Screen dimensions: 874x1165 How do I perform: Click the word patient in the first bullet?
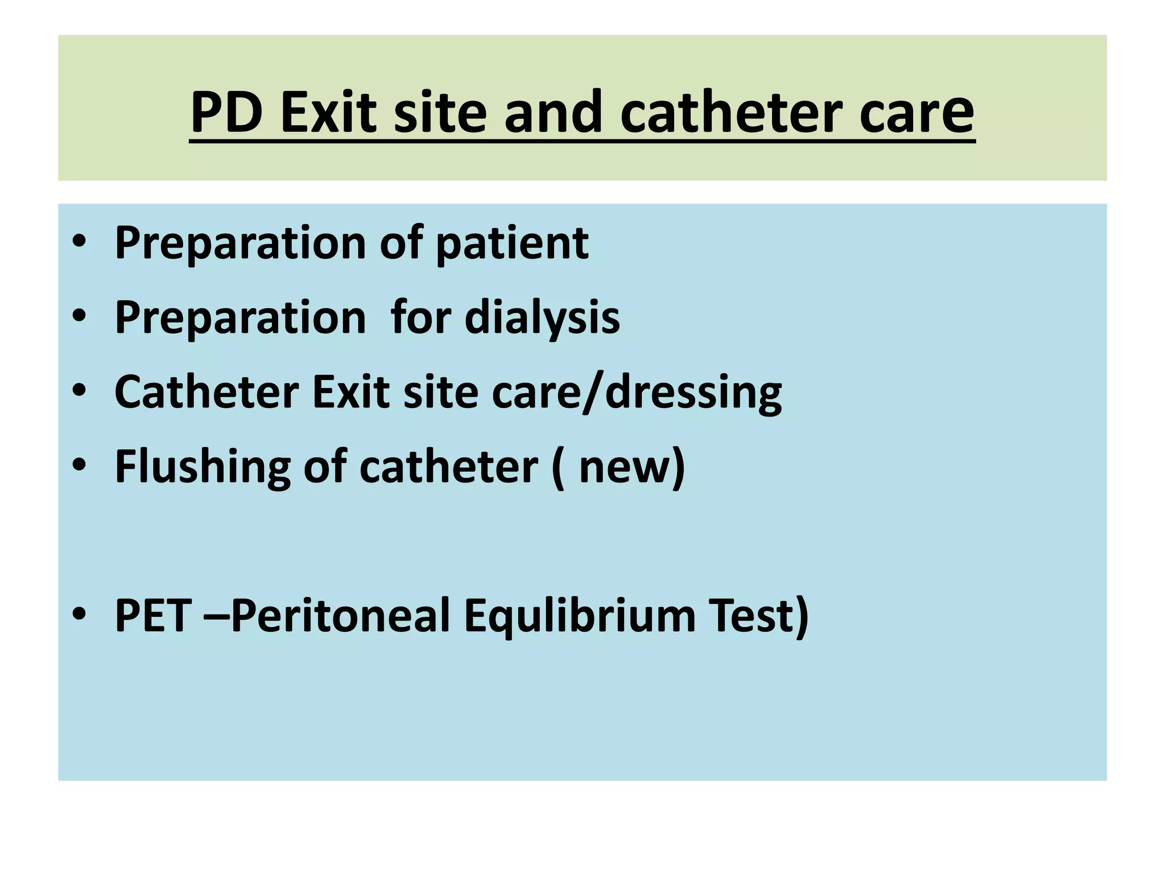[x=512, y=244]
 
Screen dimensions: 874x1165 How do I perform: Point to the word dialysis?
[x=542, y=318]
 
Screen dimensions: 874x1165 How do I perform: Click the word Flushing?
[x=203, y=467]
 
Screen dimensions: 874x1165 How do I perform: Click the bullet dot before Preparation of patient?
[x=79, y=242]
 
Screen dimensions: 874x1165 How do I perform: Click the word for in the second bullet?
[x=420, y=318]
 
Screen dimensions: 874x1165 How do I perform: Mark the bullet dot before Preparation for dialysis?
[x=79, y=316]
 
